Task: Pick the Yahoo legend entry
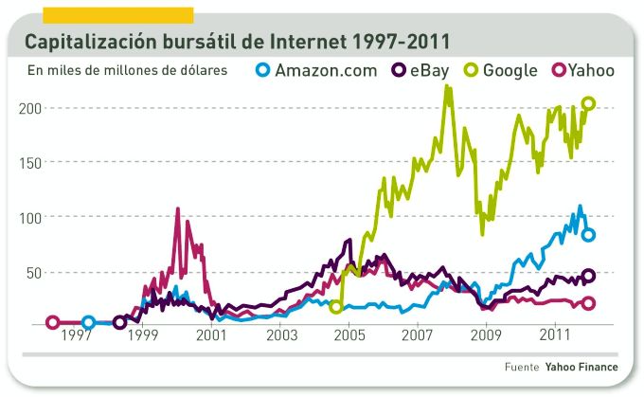(x=582, y=70)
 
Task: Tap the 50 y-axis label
(x=33, y=272)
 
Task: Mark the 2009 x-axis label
(x=486, y=336)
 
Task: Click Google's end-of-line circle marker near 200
(x=588, y=103)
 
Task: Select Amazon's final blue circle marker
(x=588, y=235)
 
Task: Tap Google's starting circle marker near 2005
(x=336, y=306)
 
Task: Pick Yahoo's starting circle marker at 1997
(x=53, y=323)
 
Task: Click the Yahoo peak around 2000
(x=178, y=209)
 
